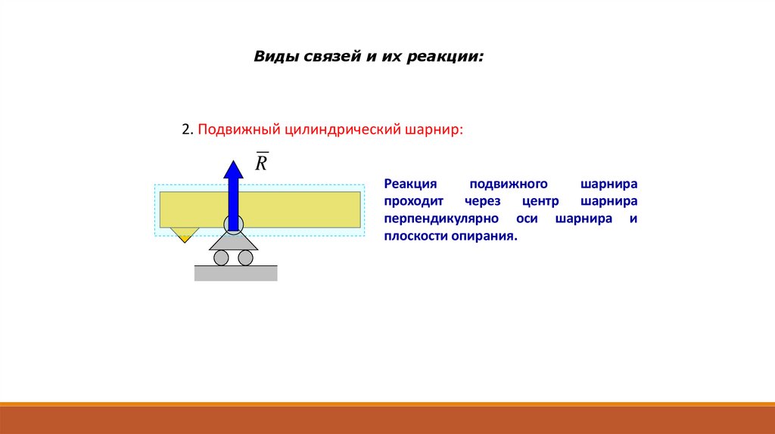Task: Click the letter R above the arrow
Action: pyautogui.click(x=261, y=163)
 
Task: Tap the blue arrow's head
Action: pyautogui.click(x=234, y=168)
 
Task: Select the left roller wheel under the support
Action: pyautogui.click(x=221, y=258)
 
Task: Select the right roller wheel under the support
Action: pyautogui.click(x=245, y=258)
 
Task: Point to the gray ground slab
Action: pyautogui.click(x=235, y=273)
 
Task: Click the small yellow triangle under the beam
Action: pyautogui.click(x=184, y=233)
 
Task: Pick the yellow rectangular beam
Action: pyautogui.click(x=303, y=209)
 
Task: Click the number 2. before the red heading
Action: pyautogui.click(x=187, y=129)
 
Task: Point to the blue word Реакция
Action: pyautogui.click(x=411, y=184)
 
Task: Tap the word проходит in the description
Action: pyautogui.click(x=413, y=202)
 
